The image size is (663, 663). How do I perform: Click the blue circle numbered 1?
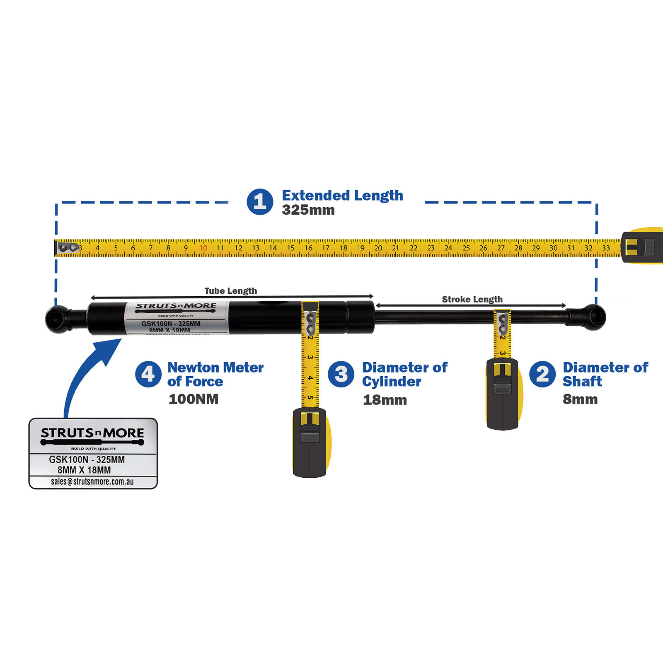[260, 202]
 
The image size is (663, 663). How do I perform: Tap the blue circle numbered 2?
[542, 374]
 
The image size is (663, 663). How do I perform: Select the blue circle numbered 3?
[341, 374]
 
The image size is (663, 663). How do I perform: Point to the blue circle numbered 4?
[148, 374]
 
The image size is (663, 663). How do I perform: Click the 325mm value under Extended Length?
[308, 210]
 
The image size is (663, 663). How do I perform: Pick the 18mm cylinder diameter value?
[385, 400]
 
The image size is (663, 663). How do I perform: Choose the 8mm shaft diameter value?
[580, 399]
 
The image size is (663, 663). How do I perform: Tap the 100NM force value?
[194, 399]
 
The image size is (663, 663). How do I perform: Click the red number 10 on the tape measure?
[203, 248]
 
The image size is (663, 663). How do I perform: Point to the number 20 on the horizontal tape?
[378, 248]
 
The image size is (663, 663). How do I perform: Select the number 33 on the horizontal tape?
[606, 248]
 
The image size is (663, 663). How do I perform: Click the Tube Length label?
[231, 291]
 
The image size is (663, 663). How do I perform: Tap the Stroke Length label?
[472, 299]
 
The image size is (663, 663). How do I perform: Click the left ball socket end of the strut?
[57, 319]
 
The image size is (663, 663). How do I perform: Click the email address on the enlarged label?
[92, 482]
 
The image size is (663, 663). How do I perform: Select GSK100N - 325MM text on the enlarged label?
[87, 460]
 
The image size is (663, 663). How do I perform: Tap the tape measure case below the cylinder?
[310, 443]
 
